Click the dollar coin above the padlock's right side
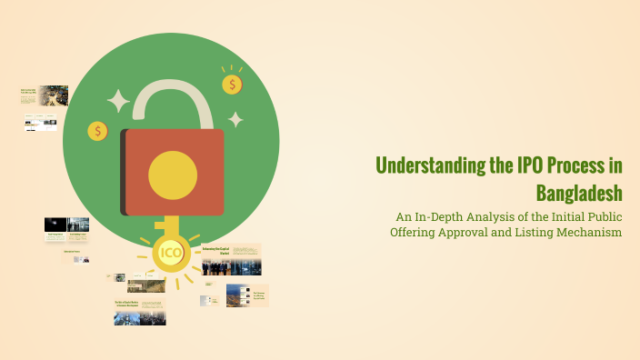(233, 85)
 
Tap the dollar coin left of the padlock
(98, 131)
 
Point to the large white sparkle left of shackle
(118, 100)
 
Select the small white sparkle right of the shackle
(235, 119)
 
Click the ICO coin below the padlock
(170, 252)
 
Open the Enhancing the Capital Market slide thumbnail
(231, 259)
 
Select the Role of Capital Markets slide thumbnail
(139, 311)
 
